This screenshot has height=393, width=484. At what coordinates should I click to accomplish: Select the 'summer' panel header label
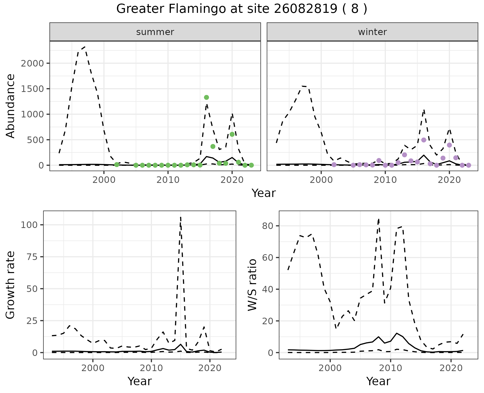coord(155,32)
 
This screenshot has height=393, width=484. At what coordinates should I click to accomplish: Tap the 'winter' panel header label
coord(372,32)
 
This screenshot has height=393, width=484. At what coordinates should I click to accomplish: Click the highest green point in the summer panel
coord(206,97)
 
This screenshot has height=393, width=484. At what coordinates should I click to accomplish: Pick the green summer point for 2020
coord(232,134)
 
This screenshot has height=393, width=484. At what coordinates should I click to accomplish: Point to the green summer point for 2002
coord(117,165)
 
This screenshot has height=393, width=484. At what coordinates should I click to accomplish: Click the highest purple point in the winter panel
coord(424,140)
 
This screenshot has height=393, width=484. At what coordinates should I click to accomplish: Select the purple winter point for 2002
coord(334,165)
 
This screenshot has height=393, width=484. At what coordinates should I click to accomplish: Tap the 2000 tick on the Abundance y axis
coord(32,63)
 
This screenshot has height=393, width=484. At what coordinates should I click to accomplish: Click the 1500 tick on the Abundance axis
coord(32,89)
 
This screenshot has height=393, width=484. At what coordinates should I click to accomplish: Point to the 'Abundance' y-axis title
coord(11,106)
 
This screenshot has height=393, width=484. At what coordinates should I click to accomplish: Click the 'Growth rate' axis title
coord(11,285)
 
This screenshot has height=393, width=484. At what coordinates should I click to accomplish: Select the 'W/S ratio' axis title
coord(252,285)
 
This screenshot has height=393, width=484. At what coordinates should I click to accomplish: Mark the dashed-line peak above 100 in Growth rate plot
coord(181,217)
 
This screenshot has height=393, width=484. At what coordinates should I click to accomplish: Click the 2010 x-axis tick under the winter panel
coord(385,180)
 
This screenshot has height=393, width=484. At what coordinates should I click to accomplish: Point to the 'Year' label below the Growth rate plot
coord(140,381)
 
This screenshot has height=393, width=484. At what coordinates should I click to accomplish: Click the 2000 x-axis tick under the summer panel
coord(104,180)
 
